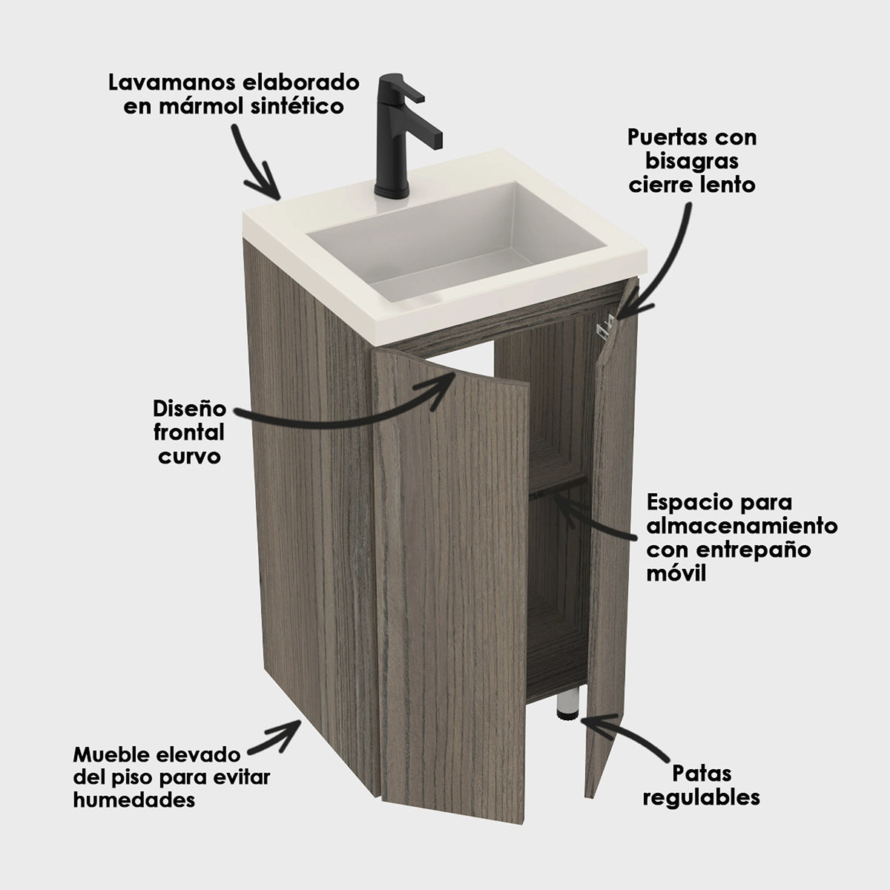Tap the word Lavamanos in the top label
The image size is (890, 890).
point(174,83)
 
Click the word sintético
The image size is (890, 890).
point(298,107)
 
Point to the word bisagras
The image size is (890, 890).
point(692,162)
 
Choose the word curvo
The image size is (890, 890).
point(189,457)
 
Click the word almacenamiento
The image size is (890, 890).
point(742,526)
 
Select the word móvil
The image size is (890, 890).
point(676,574)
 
